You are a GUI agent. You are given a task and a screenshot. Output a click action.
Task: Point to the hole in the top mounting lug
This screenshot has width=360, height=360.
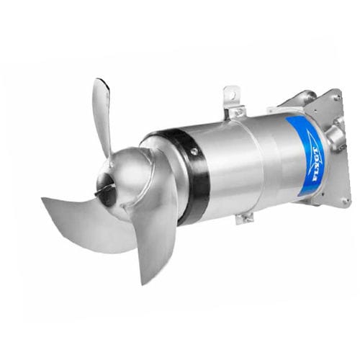point(231,94)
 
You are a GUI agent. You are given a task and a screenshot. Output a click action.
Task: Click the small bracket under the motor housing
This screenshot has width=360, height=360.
point(246,217)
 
